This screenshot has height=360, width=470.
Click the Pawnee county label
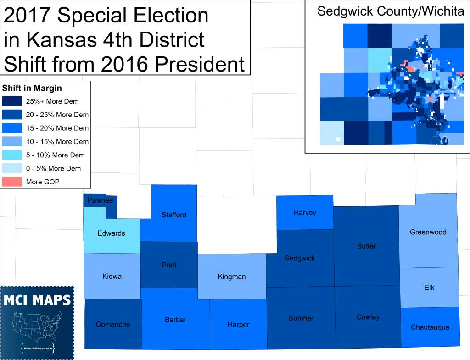pos(101,200)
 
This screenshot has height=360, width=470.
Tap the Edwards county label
pos(111,233)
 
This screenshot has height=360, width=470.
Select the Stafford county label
pos(174,215)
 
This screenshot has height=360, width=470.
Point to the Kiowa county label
pos(112,277)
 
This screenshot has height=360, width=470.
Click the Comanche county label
pos(113,324)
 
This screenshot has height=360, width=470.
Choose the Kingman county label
pos(232,277)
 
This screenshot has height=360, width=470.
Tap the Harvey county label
pos(305,213)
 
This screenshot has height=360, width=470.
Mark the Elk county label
pos(429,288)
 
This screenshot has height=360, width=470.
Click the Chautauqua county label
pos(430,327)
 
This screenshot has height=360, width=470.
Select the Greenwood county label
pos(428,232)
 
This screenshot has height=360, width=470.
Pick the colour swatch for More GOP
pos(12,182)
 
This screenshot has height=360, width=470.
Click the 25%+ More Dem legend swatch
pos(12,101)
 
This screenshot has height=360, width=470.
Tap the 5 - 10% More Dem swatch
pos(12,155)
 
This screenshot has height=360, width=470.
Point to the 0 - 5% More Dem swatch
pos(12,168)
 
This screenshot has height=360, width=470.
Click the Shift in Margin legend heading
pos(32,88)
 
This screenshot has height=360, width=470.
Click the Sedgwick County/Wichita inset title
pos(391,11)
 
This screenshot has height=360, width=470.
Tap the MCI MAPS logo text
pos(38,300)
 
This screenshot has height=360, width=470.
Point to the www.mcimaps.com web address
pos(38,349)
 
